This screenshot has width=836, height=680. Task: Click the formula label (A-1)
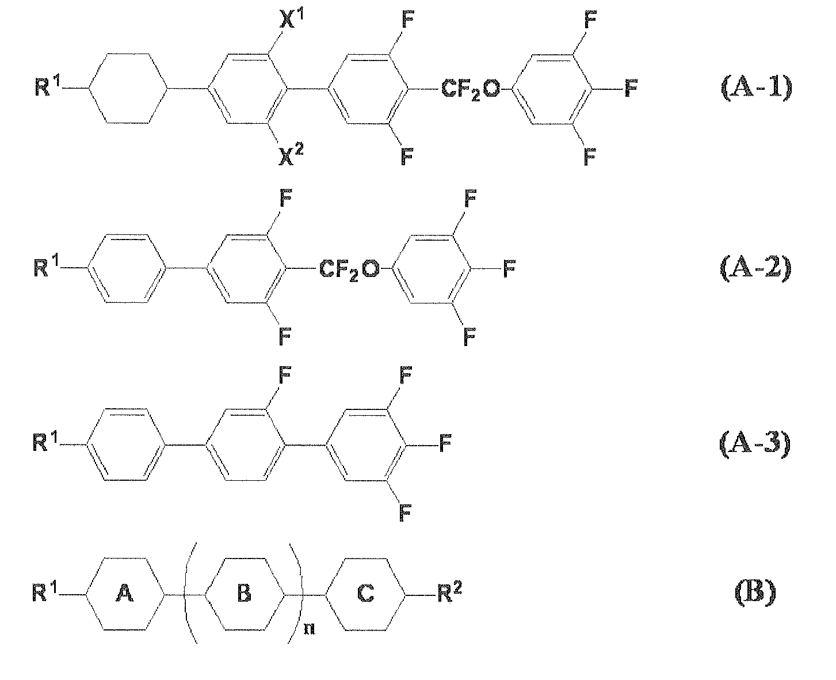coord(757,89)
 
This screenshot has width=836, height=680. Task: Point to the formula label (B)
coord(755,593)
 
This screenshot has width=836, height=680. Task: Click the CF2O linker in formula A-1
coord(471,89)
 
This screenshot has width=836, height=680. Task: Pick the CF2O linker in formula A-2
coord(349,269)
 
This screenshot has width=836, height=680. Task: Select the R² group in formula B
coord(450,591)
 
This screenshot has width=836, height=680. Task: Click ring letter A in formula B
coord(124,593)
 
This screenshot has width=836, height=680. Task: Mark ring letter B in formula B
coord(244,593)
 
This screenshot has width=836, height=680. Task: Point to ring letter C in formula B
coord(365,593)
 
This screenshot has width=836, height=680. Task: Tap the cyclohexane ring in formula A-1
coord(90,89)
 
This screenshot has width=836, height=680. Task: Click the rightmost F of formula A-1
coord(631,89)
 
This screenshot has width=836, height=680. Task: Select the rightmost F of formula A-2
coord(509,269)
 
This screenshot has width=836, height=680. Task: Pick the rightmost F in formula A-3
coord(445,443)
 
